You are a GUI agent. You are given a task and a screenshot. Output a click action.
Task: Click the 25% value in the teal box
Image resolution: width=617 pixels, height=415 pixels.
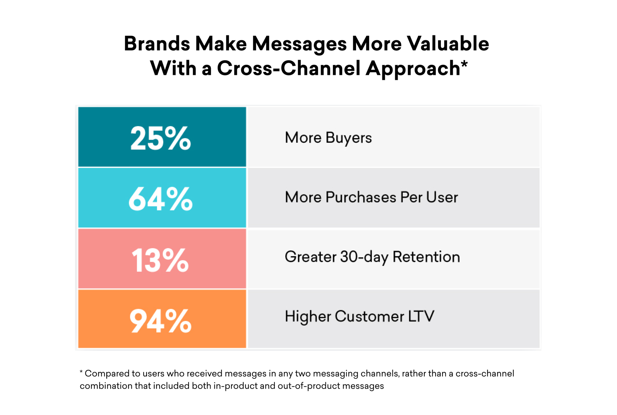click(160, 138)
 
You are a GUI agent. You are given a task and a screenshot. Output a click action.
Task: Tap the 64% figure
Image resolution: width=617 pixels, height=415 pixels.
click(160, 199)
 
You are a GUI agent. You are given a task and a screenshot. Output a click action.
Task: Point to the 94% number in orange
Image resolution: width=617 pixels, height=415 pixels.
click(160, 321)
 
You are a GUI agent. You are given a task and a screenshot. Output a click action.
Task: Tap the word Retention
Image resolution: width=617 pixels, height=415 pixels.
click(426, 257)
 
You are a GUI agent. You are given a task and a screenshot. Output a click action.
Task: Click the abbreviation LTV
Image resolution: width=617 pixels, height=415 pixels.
click(421, 316)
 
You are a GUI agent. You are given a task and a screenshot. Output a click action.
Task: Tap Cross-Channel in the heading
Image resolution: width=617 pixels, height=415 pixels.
click(289, 68)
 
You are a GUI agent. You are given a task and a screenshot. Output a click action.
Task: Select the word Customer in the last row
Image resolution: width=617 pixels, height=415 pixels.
click(369, 316)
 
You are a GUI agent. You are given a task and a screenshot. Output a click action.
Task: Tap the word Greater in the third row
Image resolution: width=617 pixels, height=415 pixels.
click(310, 257)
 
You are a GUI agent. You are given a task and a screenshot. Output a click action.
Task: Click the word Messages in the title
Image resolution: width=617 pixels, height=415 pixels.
click(299, 43)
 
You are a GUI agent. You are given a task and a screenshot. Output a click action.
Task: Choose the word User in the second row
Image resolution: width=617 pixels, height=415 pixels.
click(442, 197)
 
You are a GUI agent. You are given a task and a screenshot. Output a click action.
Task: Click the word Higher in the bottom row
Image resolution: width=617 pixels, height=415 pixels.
click(308, 316)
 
